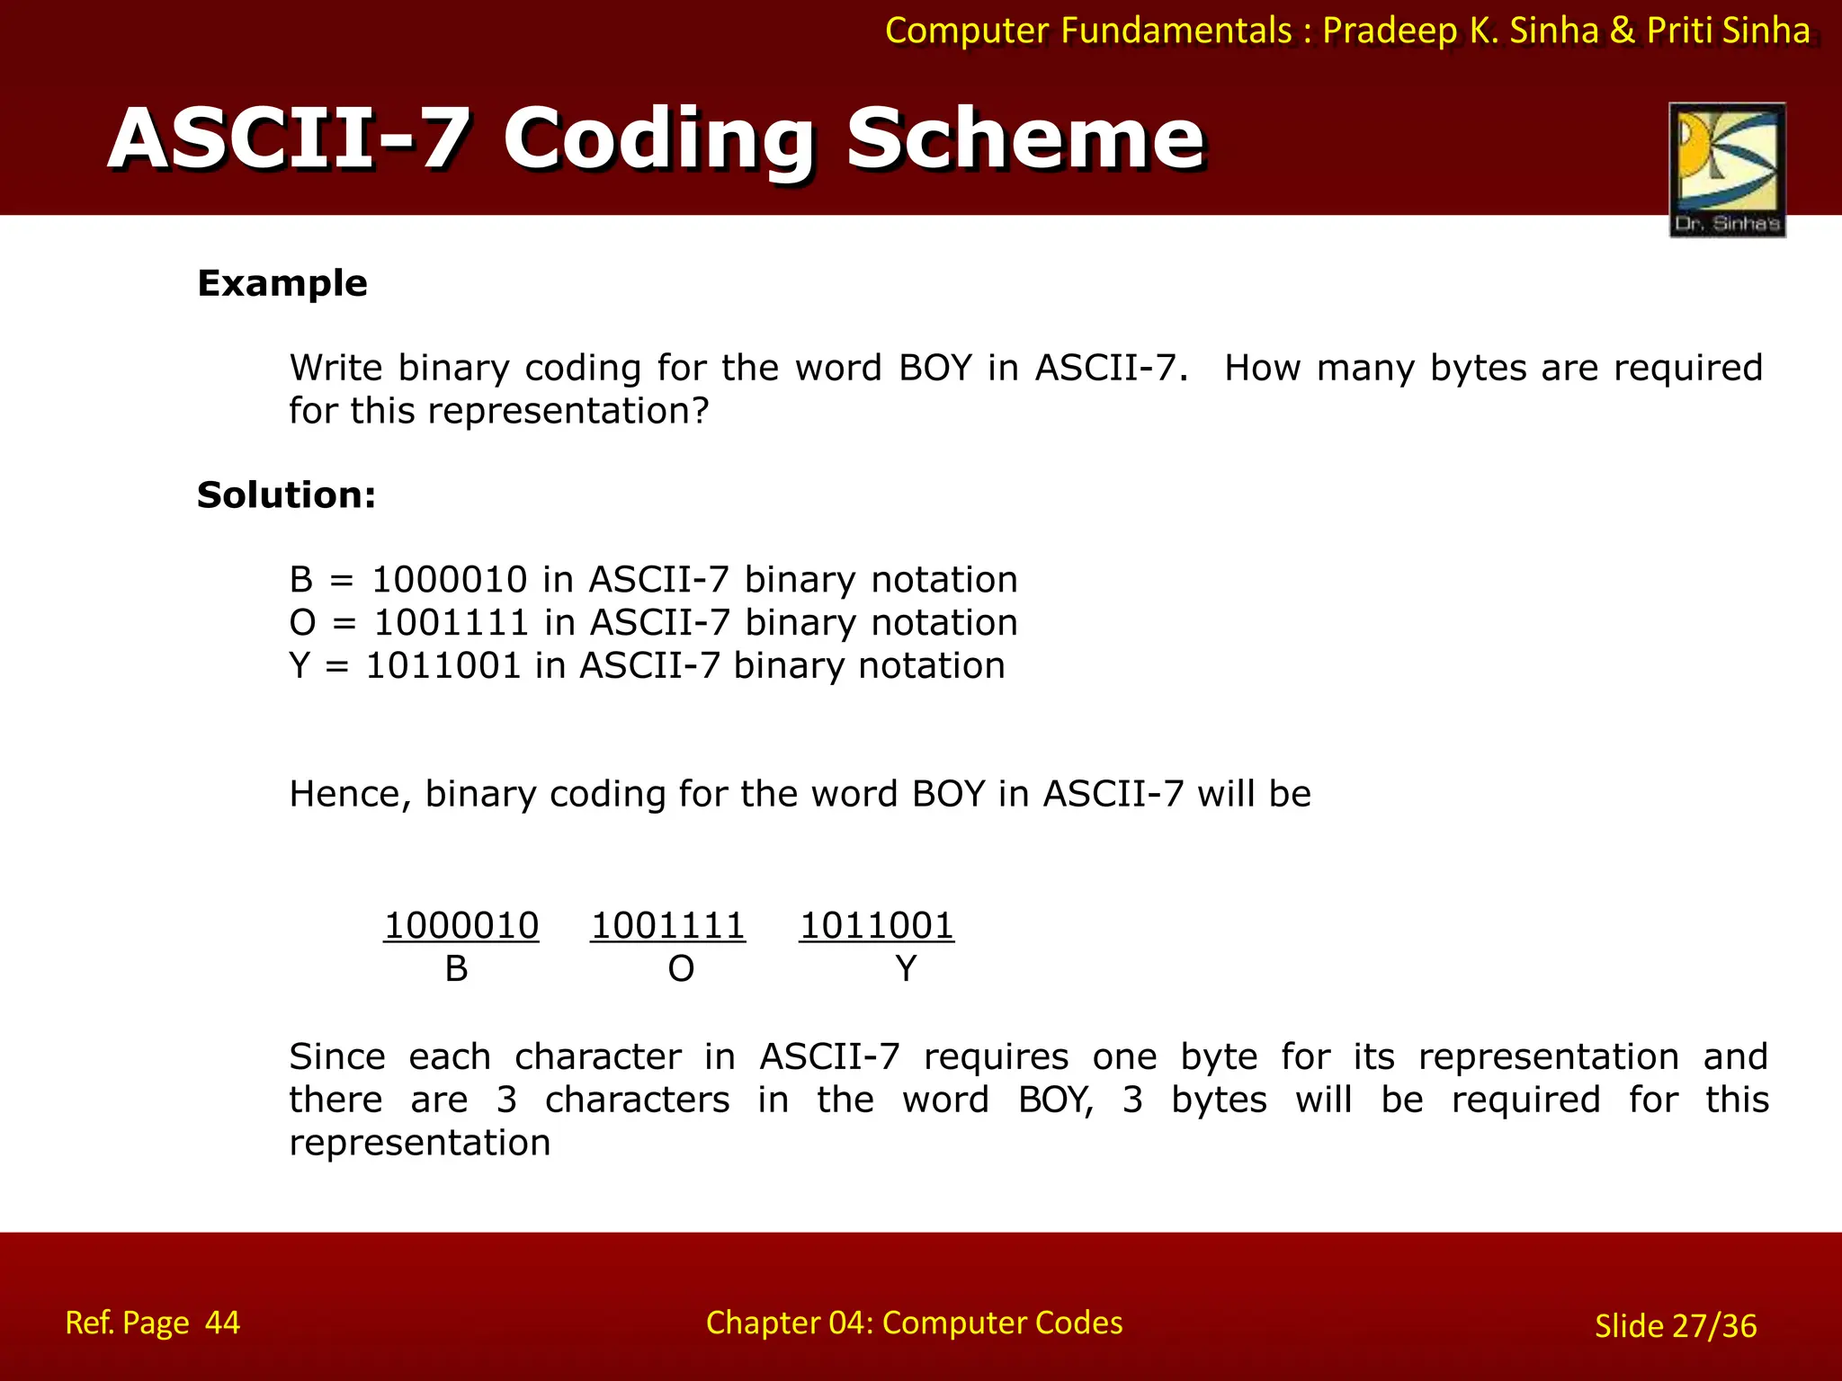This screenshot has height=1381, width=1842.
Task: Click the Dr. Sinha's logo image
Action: pos(1727,169)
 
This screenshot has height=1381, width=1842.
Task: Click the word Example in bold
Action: pos(282,283)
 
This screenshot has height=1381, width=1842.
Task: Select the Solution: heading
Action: pos(286,495)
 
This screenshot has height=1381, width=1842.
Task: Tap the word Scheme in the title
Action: pos(1025,138)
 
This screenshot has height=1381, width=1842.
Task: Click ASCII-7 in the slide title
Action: pos(288,138)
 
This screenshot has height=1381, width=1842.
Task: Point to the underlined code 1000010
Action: pos(461,926)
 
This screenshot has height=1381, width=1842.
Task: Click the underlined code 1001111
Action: pos(668,926)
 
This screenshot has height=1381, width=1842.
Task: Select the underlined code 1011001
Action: pos(877,926)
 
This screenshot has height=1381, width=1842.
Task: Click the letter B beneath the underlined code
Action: pos(456,969)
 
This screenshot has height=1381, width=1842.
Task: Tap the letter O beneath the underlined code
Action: pos(681,969)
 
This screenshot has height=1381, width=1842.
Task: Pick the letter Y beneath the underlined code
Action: pos(906,969)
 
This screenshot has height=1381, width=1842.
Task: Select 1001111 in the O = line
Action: pos(451,623)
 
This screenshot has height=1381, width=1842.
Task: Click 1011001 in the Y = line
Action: pos(443,666)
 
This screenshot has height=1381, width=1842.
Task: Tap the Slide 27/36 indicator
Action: pos(1675,1326)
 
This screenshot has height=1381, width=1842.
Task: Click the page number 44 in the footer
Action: pos(222,1323)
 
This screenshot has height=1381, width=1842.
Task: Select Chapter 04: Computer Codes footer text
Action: pos(914,1323)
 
